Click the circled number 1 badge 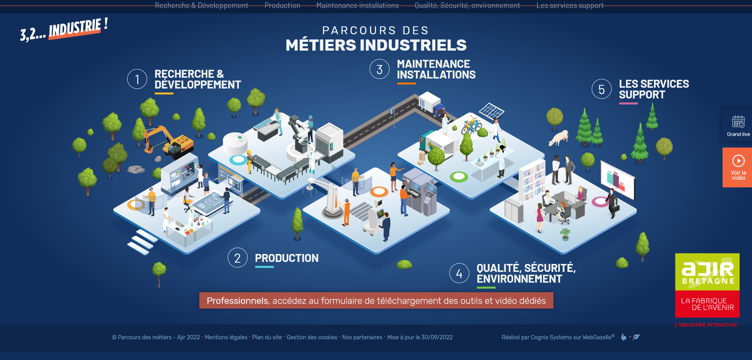(137, 79)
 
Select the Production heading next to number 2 (286, 258)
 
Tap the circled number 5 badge (601, 89)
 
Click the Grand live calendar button (738, 125)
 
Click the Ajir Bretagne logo (707, 285)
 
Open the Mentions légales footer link (226, 337)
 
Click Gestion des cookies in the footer (312, 337)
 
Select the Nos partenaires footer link (362, 337)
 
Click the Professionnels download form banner (376, 301)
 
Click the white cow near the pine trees (559, 138)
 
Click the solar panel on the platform (491, 110)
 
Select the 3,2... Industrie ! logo (64, 30)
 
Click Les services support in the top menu (570, 6)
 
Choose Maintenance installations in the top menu (357, 6)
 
